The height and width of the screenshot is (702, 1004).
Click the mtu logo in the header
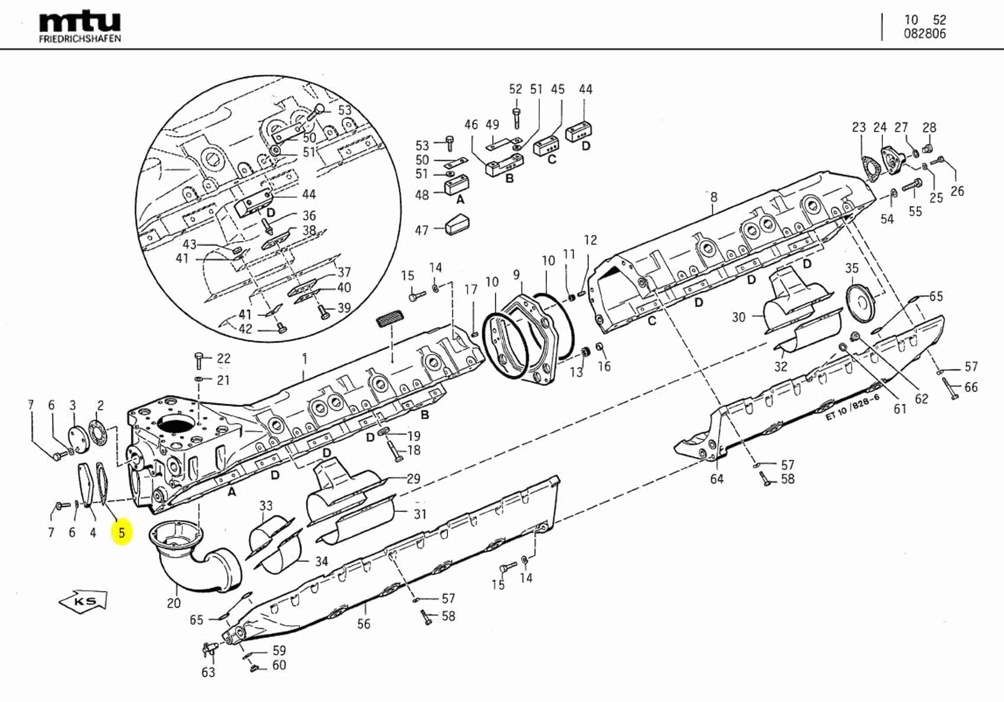point(80,22)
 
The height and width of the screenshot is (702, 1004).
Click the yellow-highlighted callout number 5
point(122,533)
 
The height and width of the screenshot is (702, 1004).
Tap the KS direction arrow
point(83,600)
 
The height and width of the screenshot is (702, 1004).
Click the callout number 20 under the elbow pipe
point(174,603)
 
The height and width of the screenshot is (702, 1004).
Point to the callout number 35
point(851,268)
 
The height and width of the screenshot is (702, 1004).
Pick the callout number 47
point(422,230)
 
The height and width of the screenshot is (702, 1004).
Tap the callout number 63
point(208,672)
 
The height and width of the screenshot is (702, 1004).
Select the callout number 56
point(363,624)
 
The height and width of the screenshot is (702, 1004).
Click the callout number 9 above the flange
point(516,275)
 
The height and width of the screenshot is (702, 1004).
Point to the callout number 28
point(929,127)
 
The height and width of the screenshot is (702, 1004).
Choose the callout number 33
point(266,506)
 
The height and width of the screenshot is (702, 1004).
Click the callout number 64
point(717,479)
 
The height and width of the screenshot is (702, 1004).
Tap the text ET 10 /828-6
point(852,407)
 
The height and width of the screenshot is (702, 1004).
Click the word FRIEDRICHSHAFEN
point(80,38)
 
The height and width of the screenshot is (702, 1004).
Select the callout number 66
point(971,387)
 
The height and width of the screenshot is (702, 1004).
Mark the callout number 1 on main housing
point(305,359)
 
